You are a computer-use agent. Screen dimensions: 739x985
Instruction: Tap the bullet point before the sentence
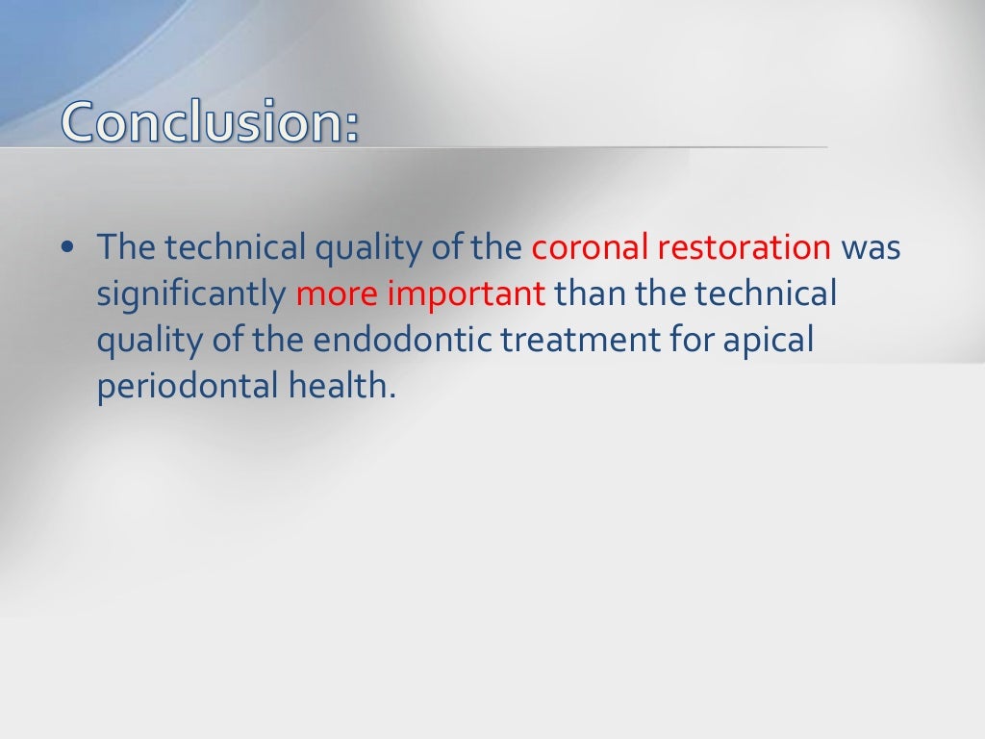click(x=67, y=248)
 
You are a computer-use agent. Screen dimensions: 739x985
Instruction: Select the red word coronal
click(x=591, y=247)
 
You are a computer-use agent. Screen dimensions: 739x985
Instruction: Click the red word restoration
click(x=745, y=247)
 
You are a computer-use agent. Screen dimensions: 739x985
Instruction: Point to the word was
click(x=871, y=247)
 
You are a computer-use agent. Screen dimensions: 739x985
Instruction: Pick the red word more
click(x=338, y=293)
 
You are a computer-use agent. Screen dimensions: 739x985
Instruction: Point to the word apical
click(x=774, y=340)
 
